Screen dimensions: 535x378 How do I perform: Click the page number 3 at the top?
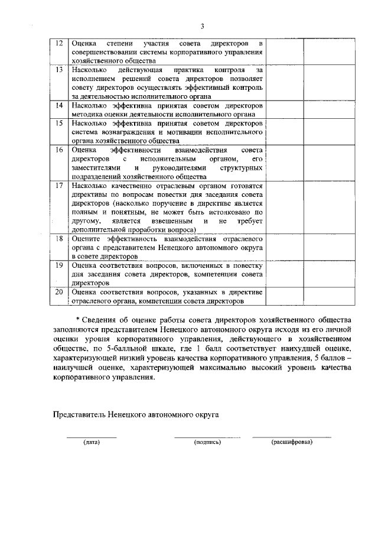pyautogui.click(x=202, y=26)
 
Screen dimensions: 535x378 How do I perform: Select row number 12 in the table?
pyautogui.click(x=58, y=44)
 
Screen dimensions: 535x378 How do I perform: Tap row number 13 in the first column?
pyautogui.click(x=58, y=70)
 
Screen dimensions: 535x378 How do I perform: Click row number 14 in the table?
pyautogui.click(x=58, y=105)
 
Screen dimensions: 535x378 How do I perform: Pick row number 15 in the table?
pyautogui.click(x=58, y=123)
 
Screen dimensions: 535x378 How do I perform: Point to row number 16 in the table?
pyautogui.click(x=58, y=150)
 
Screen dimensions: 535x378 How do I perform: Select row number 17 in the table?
pyautogui.click(x=58, y=185)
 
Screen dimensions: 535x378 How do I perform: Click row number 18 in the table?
pyautogui.click(x=58, y=238)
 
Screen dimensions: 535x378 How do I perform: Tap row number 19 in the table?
pyautogui.click(x=58, y=265)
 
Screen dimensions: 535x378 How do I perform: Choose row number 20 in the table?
pyautogui.click(x=58, y=292)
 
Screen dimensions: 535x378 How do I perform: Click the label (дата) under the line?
pyautogui.click(x=92, y=442)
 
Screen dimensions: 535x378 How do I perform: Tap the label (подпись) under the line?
pyautogui.click(x=207, y=442)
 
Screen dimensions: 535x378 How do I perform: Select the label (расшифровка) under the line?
pyautogui.click(x=292, y=442)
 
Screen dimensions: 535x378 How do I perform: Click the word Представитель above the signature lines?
pyautogui.click(x=79, y=414)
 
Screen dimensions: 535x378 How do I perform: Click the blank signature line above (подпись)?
pyautogui.click(x=207, y=437)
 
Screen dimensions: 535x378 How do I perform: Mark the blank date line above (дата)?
pyautogui.click(x=92, y=437)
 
